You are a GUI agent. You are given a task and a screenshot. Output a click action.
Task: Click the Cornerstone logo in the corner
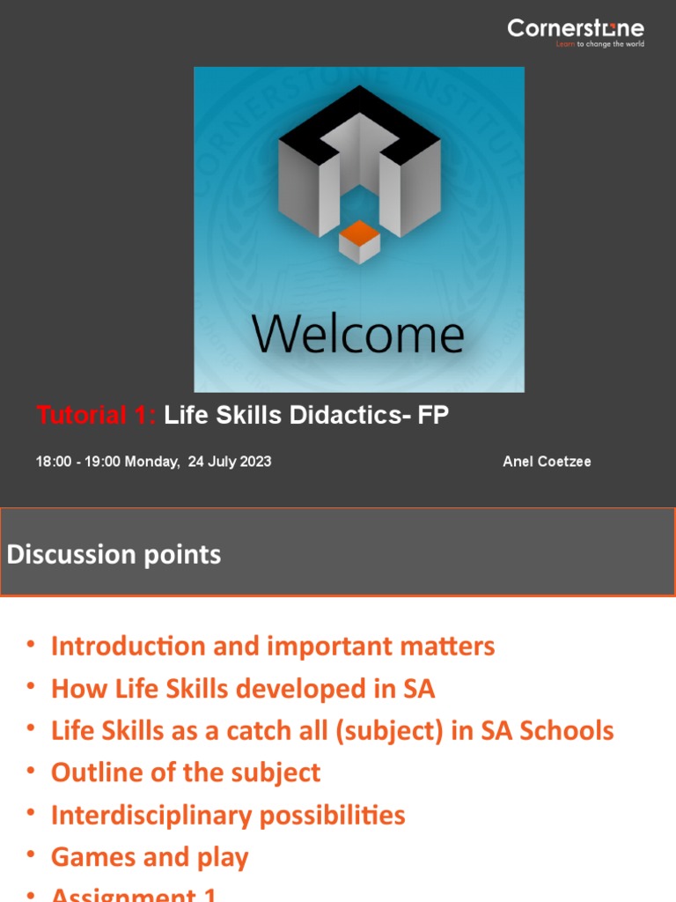(x=575, y=29)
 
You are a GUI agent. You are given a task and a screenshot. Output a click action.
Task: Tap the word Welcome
(x=357, y=334)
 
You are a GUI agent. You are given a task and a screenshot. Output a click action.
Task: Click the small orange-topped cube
(x=359, y=241)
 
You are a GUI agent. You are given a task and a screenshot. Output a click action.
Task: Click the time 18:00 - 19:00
(x=78, y=462)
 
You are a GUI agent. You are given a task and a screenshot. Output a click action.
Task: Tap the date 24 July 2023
(x=230, y=462)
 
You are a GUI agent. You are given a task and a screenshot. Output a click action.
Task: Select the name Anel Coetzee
(x=547, y=462)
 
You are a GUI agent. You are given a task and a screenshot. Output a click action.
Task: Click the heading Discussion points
(x=114, y=554)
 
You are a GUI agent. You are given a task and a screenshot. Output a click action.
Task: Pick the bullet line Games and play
(x=150, y=857)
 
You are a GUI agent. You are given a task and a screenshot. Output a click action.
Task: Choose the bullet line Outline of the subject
(x=186, y=773)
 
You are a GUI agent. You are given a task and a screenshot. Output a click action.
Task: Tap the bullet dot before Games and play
(x=32, y=855)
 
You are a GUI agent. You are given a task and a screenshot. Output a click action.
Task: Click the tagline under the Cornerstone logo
(x=599, y=44)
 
